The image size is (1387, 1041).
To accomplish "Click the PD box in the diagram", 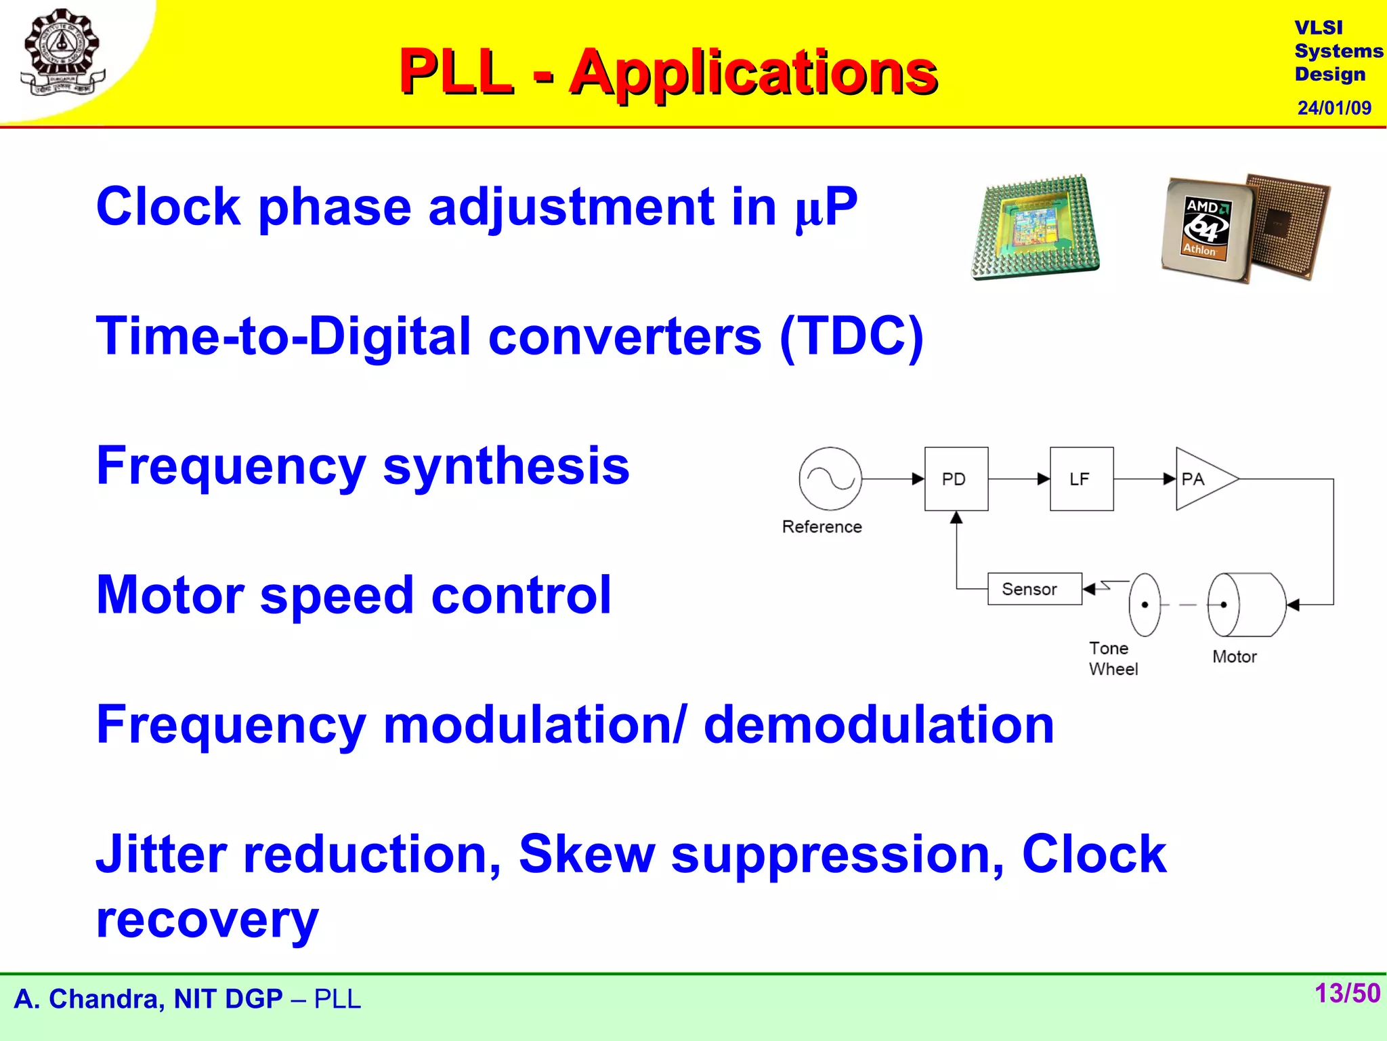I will [956, 478].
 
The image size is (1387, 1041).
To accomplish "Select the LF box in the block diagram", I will [1081, 478].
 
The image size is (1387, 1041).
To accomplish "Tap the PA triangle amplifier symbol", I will [1201, 478].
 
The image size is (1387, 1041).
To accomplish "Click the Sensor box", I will [1033, 589].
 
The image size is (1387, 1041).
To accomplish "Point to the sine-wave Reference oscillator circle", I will [830, 478].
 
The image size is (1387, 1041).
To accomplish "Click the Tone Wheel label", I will [1112, 658].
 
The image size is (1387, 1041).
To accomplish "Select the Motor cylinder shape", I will [1247, 605].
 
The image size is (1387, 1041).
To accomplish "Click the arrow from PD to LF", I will [1019, 479].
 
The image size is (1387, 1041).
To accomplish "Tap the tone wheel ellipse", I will [1145, 605].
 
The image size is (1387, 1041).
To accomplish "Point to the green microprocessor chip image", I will [1035, 228].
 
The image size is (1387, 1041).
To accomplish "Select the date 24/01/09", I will [1333, 108].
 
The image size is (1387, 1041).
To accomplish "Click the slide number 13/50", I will [1346, 993].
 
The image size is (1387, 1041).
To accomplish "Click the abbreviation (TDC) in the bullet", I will [851, 336].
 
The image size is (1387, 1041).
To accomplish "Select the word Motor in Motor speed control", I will [169, 594].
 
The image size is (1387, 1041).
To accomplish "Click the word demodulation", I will [878, 724].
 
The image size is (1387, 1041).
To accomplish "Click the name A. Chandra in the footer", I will [88, 999].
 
